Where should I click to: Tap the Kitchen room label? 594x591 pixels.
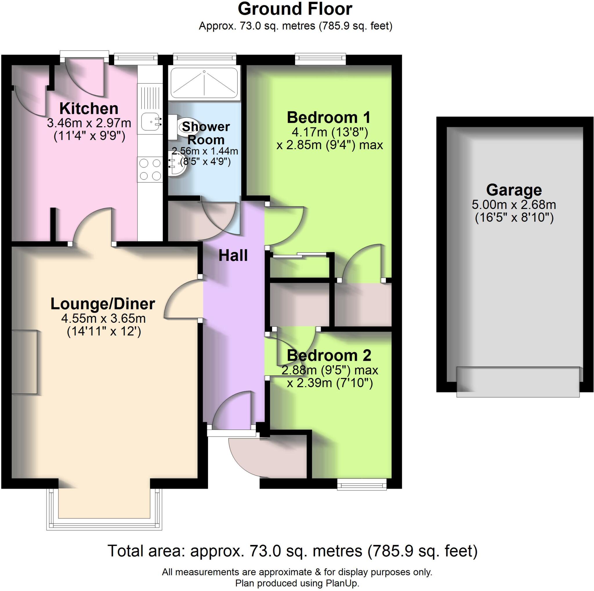[88, 109]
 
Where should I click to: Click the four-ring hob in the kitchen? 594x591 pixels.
[150, 169]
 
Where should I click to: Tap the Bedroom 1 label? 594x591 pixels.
[328, 118]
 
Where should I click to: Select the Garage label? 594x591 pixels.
[514, 190]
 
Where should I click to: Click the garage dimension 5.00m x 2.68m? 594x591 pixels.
[514, 205]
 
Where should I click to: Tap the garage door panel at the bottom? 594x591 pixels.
[518, 382]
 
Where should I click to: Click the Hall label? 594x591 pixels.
[233, 256]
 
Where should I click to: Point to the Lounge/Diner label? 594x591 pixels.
[103, 304]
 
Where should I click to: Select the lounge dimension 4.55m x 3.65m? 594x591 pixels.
[103, 318]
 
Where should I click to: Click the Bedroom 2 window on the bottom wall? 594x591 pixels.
[362, 485]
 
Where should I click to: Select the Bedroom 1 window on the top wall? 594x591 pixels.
[320, 59]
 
